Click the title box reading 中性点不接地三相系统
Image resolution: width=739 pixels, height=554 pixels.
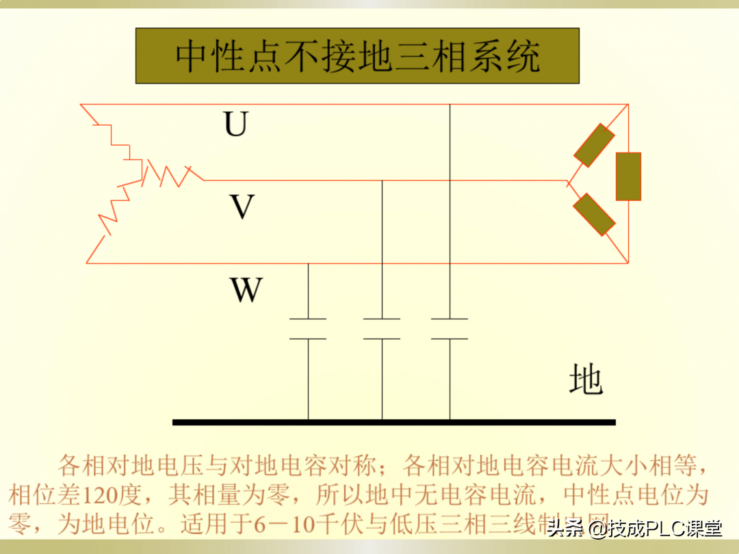coord(357,56)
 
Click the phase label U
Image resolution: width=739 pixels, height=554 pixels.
coord(235,124)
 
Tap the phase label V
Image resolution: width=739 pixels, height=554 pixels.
coord(242,206)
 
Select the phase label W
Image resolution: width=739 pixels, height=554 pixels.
coord(246,289)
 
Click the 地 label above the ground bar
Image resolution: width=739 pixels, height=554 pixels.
coord(586,380)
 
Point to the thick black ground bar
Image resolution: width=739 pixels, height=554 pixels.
coord(393,422)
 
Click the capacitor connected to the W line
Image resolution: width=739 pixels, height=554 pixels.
coord(308,328)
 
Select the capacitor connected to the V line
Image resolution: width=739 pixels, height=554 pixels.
coord(382,328)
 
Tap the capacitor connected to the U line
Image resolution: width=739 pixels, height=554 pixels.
coord(450,328)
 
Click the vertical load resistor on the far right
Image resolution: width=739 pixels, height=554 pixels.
coord(628,176)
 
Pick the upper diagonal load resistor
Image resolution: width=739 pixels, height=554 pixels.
coord(593,145)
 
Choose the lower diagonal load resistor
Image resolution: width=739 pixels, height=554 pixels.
coord(593,215)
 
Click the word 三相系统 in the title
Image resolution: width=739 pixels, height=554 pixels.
coord(478,57)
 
